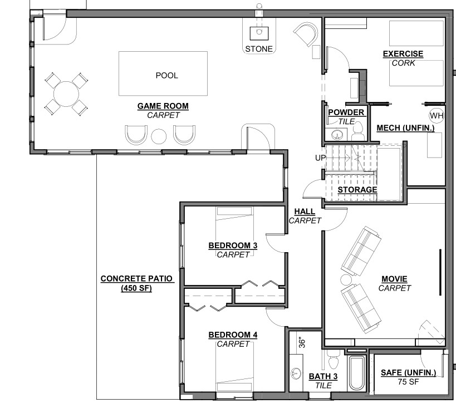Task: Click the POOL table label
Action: [x=166, y=76]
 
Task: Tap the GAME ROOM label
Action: [x=163, y=106]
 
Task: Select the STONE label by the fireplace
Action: [x=259, y=49]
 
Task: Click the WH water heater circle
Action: [x=437, y=116]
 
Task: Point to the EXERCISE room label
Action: [x=403, y=54]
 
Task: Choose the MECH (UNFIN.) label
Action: [x=405, y=128]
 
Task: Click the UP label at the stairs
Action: [x=321, y=158]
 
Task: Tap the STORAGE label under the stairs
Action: [x=357, y=190]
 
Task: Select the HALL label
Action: [x=305, y=212]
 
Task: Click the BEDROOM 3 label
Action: [x=233, y=245]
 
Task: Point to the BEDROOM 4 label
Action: [x=233, y=335]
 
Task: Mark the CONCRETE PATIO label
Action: [x=136, y=278]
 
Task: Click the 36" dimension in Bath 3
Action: [x=302, y=343]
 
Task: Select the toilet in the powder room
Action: [x=357, y=131]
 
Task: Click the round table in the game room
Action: [x=66, y=94]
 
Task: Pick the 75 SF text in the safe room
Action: [x=408, y=382]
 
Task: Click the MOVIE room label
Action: [x=394, y=279]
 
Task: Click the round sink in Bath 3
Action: [x=296, y=373]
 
